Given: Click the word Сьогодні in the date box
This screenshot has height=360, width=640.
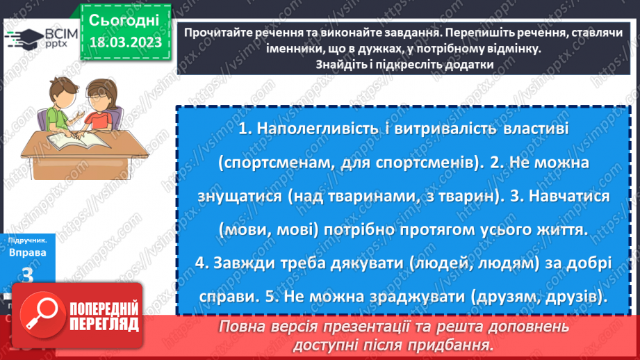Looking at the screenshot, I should click(124, 19).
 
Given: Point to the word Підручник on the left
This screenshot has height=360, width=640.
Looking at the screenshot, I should click(27, 238).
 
